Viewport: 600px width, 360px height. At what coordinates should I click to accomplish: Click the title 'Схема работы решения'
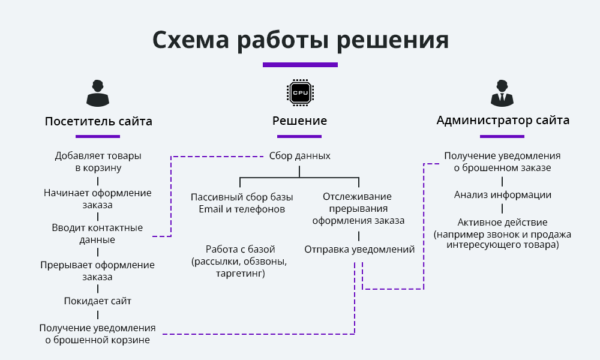[x=300, y=40]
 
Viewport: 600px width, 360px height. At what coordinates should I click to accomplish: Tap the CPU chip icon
[x=299, y=92]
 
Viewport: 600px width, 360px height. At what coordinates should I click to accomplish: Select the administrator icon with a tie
[x=502, y=92]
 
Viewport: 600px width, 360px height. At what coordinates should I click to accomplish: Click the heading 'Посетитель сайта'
[x=98, y=121]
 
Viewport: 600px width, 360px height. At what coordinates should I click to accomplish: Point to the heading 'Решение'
[x=299, y=121]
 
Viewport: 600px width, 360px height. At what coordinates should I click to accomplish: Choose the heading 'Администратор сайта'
[x=503, y=120]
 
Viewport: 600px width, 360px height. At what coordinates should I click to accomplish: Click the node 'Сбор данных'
[x=299, y=155]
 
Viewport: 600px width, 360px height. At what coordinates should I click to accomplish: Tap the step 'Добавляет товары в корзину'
[x=98, y=162]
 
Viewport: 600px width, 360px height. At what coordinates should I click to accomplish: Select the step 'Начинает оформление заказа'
[x=98, y=199]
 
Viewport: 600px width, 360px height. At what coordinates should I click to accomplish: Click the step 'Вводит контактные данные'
[x=98, y=234]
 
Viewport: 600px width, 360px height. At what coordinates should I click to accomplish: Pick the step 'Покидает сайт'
[x=98, y=301]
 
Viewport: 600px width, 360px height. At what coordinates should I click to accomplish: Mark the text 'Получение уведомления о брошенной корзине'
[x=98, y=334]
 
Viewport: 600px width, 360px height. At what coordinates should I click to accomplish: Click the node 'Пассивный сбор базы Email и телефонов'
[x=242, y=203]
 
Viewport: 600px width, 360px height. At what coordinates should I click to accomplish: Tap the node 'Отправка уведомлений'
[x=359, y=250]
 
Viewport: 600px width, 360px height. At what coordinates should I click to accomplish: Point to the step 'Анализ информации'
[x=503, y=195]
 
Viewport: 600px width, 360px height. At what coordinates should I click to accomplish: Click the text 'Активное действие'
[x=502, y=223]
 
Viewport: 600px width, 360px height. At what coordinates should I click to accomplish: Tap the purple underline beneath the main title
[x=300, y=65]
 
